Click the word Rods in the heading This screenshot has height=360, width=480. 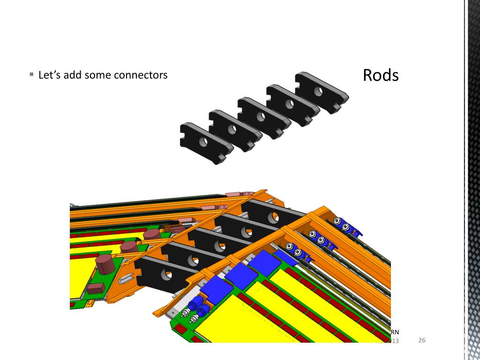coord(381,75)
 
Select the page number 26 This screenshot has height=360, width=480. coord(421,340)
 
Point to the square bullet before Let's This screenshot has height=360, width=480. coord(31,75)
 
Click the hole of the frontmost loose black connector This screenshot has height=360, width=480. coord(203,142)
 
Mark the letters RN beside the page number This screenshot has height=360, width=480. coord(395,332)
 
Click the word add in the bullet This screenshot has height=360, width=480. coord(73,75)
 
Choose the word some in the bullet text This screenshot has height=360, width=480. coord(97,75)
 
